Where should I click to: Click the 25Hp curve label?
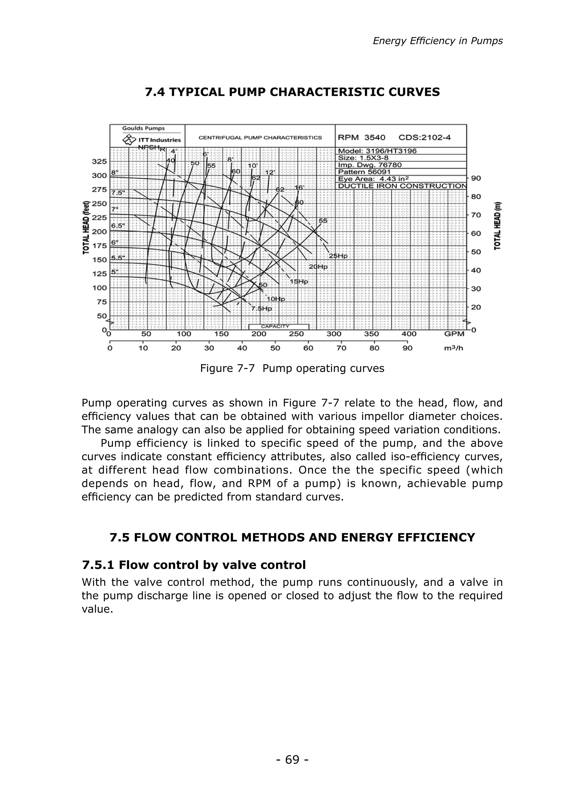[x=338, y=256]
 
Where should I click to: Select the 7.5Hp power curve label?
[x=261, y=308]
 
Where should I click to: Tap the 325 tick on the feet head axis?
[x=99, y=161]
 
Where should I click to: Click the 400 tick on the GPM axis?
[x=409, y=334]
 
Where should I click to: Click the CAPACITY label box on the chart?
[x=279, y=327]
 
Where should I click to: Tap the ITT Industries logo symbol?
[x=129, y=140]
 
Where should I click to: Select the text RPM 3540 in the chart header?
[x=361, y=137]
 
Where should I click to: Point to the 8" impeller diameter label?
[x=115, y=172]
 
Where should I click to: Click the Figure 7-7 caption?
[x=292, y=368]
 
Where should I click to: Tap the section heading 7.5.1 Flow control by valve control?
[x=194, y=565]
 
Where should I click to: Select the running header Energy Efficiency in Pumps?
[x=437, y=41]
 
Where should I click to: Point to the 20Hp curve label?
[x=318, y=267]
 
